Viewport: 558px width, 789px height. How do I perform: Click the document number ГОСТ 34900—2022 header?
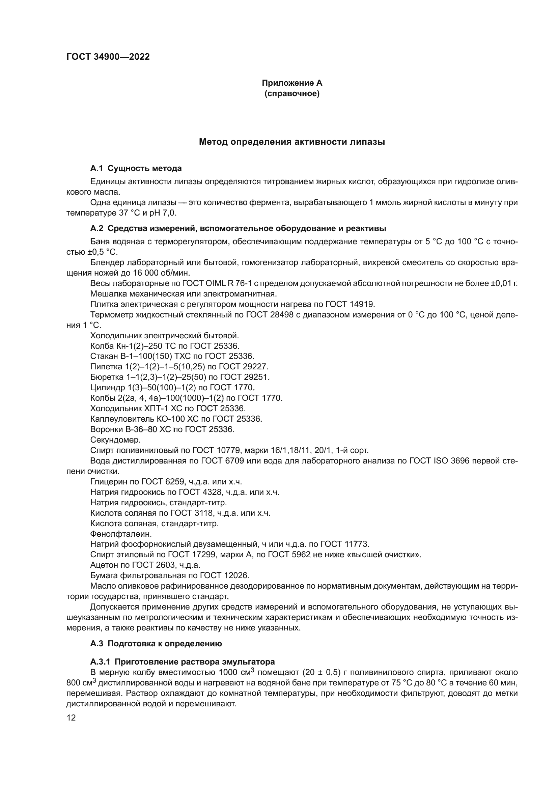[x=108, y=57]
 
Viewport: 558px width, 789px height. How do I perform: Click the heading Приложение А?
[x=292, y=83]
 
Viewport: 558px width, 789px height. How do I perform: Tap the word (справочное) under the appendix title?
[x=292, y=93]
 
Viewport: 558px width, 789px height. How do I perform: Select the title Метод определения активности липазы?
[x=292, y=142]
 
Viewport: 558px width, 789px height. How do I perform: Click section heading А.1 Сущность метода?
[x=136, y=168]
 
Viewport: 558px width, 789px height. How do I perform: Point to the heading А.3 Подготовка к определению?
[x=156, y=644]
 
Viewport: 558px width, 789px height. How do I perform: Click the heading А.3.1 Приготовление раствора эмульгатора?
[x=182, y=662]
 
